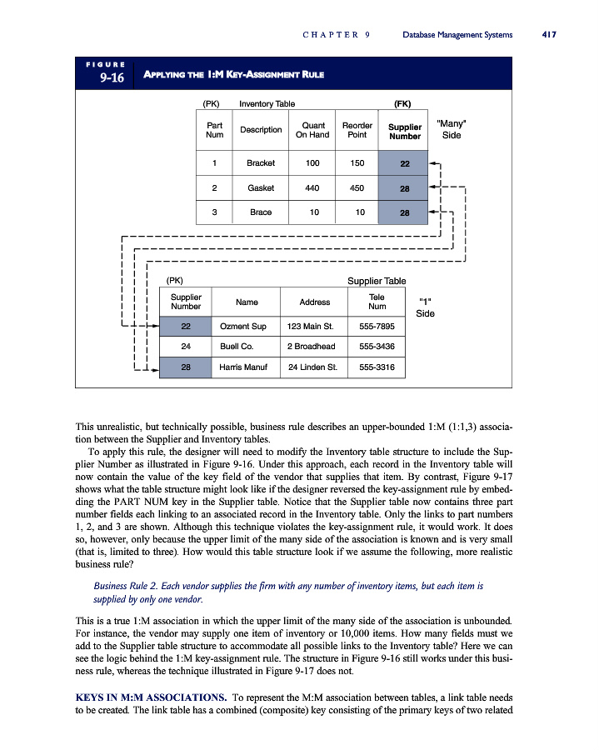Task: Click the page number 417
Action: [x=548, y=34]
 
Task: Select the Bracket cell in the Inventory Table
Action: [x=261, y=163]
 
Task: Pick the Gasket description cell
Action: [x=261, y=188]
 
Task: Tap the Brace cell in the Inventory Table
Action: [x=261, y=212]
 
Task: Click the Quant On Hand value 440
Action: [x=312, y=188]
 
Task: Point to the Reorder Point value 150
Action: [x=357, y=163]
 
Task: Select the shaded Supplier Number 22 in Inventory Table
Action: [x=404, y=163]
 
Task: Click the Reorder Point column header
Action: [x=357, y=130]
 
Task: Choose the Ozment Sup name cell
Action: [x=243, y=326]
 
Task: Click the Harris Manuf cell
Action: [x=244, y=366]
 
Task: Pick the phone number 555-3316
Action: [x=377, y=366]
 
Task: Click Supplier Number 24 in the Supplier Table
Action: [x=185, y=345]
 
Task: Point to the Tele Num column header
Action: [x=377, y=301]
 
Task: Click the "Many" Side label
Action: [x=451, y=129]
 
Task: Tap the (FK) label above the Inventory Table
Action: [x=403, y=104]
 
